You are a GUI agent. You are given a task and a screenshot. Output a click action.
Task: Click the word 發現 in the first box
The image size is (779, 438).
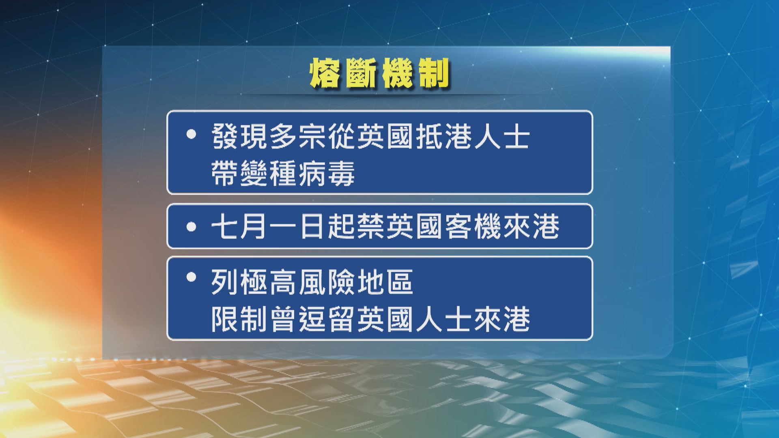click(240, 137)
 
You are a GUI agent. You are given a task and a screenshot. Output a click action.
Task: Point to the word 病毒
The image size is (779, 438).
click(327, 173)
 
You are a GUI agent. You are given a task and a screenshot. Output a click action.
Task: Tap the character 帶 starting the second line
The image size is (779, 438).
click(225, 173)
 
